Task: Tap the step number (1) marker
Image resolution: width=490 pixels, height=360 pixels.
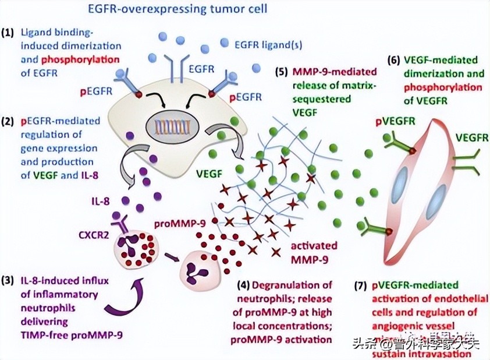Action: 10,32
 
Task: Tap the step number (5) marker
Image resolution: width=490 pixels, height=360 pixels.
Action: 283,72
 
